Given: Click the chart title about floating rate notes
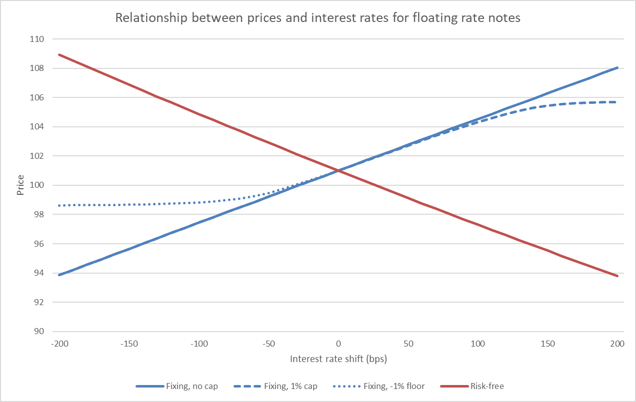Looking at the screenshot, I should (317, 18).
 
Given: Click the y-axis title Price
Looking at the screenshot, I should (20, 185).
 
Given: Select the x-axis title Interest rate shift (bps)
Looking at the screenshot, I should (338, 359).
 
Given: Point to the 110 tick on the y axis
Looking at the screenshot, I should (37, 39).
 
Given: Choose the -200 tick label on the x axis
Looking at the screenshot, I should (58, 344).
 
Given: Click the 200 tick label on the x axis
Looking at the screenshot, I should (617, 344).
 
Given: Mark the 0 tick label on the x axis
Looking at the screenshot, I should (338, 344).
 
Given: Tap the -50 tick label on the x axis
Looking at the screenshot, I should (268, 344).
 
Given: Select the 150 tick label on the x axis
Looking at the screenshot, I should (547, 344).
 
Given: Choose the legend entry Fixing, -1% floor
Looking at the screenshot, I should (398, 386).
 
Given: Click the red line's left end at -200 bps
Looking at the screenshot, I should (59, 54).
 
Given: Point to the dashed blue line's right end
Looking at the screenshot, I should (617, 102).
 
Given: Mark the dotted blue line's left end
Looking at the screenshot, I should (59, 205).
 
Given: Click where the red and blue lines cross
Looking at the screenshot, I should (338, 171).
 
